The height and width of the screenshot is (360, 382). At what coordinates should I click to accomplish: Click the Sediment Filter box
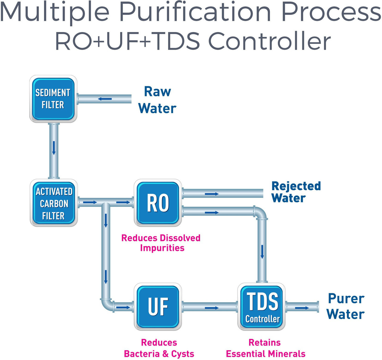(x=53, y=99)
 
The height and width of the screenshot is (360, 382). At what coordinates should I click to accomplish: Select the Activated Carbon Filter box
(x=54, y=203)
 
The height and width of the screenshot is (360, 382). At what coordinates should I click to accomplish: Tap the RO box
(x=158, y=203)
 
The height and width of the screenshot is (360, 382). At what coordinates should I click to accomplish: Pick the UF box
(x=158, y=307)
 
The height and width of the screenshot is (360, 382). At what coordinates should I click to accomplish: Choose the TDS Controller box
(x=262, y=307)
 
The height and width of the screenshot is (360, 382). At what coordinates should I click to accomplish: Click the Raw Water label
(x=157, y=100)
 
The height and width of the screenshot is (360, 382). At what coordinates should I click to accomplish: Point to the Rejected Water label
(x=296, y=192)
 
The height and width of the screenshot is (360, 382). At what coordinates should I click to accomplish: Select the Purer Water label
(x=346, y=306)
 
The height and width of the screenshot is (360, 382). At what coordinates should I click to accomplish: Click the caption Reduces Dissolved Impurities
(x=161, y=243)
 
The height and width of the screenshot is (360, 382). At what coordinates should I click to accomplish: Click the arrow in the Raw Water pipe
(x=105, y=99)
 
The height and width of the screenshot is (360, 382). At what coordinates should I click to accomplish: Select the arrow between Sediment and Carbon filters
(x=54, y=148)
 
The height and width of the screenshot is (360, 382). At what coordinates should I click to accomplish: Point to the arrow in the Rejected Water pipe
(x=212, y=194)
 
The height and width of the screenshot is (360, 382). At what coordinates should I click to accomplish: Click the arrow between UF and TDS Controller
(x=212, y=308)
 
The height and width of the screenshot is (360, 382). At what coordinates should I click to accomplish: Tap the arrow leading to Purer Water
(x=302, y=308)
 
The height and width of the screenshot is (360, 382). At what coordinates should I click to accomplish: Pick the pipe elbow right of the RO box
(x=260, y=214)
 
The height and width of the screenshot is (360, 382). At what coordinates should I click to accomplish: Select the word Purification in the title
(x=195, y=12)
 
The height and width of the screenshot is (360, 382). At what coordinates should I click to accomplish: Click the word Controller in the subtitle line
(x=269, y=41)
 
